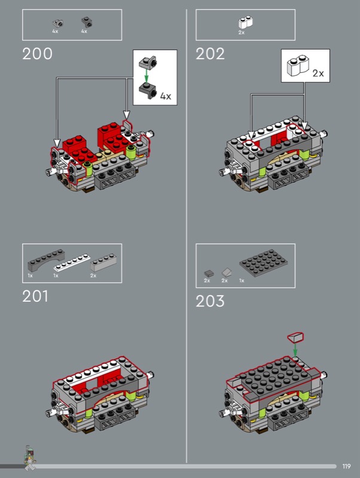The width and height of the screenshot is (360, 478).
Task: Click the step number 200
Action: point(37,54)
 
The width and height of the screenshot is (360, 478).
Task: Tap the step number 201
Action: point(35,296)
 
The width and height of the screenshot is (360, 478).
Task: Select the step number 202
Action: point(210,54)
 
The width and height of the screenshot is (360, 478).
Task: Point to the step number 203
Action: point(210,301)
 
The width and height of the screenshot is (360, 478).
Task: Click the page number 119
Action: point(346,467)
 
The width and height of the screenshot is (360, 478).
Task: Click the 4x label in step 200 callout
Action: point(166,96)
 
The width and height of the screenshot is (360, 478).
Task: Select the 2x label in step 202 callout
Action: point(318,73)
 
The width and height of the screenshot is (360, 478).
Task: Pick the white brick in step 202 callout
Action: point(298,65)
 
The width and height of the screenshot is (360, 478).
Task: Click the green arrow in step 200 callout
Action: point(147,75)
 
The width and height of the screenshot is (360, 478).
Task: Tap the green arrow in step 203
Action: point(295,349)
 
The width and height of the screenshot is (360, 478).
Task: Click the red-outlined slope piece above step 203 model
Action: point(295,338)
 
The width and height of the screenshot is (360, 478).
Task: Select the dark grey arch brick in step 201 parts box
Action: point(47,261)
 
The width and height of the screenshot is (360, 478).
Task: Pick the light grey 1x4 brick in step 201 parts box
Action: point(103,262)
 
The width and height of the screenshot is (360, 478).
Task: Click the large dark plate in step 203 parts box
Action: point(263,263)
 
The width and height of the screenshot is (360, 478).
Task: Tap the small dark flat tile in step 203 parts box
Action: point(209,274)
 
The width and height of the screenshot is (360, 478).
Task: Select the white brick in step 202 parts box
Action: point(246,22)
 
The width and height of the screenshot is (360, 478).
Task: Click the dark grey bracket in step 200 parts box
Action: point(87,22)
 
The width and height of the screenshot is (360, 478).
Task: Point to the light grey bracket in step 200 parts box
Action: point(57,23)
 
